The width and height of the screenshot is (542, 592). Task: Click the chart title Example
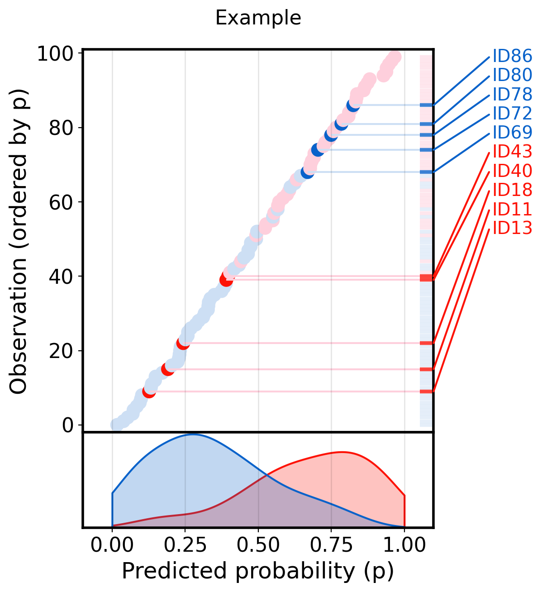coord(258,18)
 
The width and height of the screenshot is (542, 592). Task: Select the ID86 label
coord(512,56)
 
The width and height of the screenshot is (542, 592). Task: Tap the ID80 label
coord(512,75)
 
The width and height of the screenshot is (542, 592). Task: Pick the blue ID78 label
coord(512,94)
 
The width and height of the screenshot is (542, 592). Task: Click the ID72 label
coord(512,113)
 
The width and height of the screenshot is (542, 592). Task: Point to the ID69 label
coord(512,132)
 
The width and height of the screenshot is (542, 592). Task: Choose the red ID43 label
coord(512,151)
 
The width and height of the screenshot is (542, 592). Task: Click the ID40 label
coord(512,171)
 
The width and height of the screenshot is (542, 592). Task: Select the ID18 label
coord(512,190)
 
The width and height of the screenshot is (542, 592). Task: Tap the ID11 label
coord(512,209)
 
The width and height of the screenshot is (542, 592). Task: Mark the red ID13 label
coord(512,228)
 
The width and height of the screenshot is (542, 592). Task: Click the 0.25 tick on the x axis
coord(185,545)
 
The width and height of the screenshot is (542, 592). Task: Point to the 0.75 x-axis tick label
coord(331,545)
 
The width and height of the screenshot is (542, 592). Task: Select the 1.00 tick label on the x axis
coord(404,545)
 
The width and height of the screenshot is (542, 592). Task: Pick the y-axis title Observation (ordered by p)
coord(19,242)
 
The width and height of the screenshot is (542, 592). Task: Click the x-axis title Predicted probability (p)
coord(258,572)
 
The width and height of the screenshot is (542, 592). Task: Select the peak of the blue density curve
coord(194,434)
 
